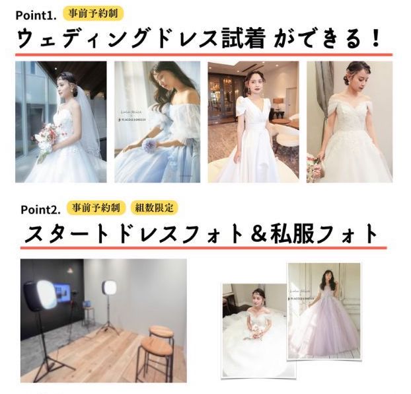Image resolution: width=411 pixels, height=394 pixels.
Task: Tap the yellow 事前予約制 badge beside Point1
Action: point(94,13)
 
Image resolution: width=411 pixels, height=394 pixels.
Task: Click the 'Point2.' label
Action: point(40,210)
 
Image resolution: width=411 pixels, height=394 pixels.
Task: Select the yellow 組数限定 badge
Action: point(153,208)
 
